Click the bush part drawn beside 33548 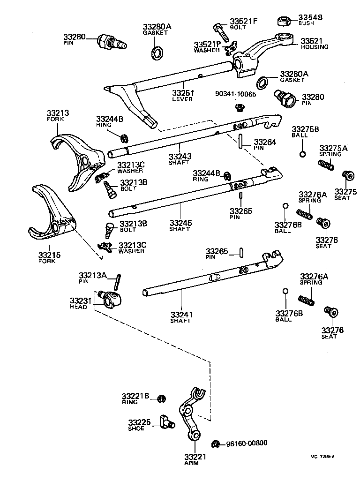pyautogui.click(x=284, y=21)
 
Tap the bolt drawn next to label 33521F pyautogui.click(x=220, y=30)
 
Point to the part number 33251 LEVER pyautogui.click(x=182, y=93)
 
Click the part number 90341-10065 pyautogui.click(x=236, y=94)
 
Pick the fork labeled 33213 pyautogui.click(x=77, y=159)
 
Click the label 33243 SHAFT pyautogui.click(x=180, y=156)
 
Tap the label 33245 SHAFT pyautogui.click(x=181, y=222)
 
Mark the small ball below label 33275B pyautogui.click(x=303, y=154)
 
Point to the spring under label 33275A pyautogui.click(x=325, y=165)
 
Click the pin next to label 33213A pyautogui.click(x=118, y=283)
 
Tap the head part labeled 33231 pyautogui.click(x=112, y=299)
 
